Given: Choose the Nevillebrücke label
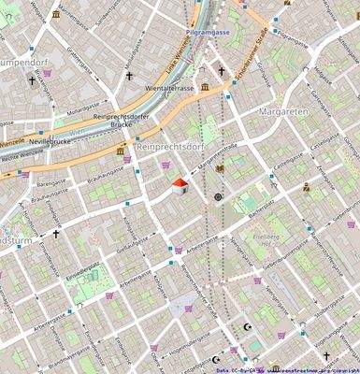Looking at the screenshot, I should pos(49,140).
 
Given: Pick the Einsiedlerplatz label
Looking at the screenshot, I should pos(81,268).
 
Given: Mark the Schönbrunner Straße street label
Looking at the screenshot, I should pos(254,55).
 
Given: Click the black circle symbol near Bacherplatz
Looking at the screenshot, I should pos(219,197).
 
